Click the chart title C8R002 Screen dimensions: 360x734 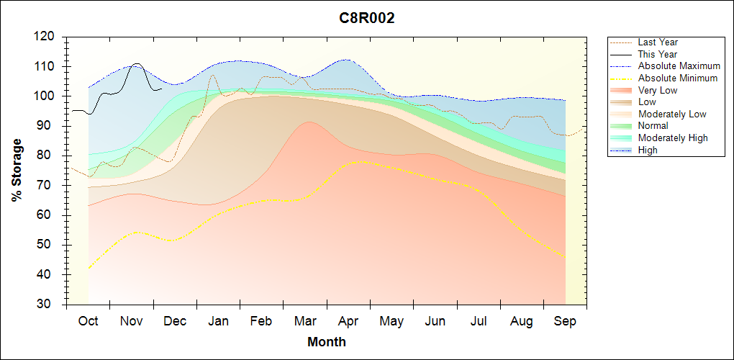click(367, 19)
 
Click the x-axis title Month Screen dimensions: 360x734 click(327, 342)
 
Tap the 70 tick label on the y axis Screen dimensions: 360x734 click(47, 186)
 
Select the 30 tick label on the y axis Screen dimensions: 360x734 click(47, 305)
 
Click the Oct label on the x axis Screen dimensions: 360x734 click(89, 321)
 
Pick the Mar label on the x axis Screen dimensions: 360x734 click(306, 321)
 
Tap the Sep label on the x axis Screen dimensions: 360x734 click(565, 321)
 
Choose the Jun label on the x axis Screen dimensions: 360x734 click(435, 321)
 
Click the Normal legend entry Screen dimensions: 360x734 click(653, 126)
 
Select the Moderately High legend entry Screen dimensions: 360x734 click(673, 138)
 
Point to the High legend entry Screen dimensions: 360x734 click(648, 150)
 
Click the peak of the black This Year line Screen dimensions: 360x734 click(137, 63)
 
